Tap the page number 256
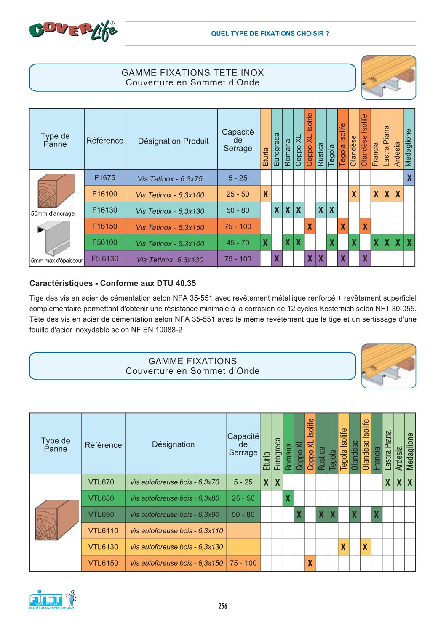(223, 606)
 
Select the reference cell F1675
(105, 178)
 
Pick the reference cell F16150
(105, 226)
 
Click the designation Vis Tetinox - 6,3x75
(170, 178)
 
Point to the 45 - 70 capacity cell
(238, 242)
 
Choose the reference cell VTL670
(101, 482)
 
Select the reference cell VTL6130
(103, 547)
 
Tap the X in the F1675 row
(409, 178)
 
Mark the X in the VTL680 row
(288, 499)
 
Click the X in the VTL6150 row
(310, 563)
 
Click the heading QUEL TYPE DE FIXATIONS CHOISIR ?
(270, 34)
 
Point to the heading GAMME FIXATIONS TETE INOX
(192, 73)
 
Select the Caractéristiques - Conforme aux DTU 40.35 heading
(112, 283)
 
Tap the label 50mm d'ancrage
(53, 213)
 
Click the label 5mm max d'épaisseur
(57, 261)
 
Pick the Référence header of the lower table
(103, 445)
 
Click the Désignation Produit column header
(174, 141)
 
